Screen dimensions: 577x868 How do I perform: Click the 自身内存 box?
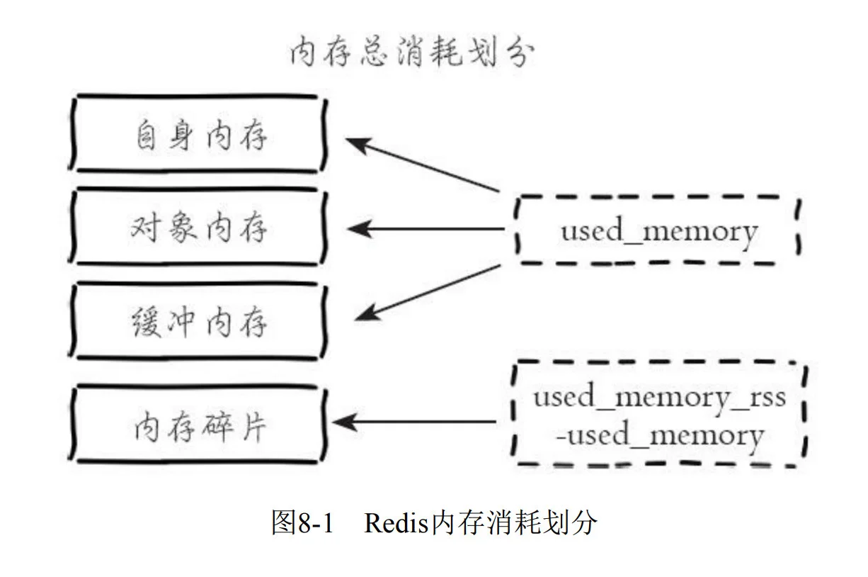[x=200, y=135]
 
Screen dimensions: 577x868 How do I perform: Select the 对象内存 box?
[x=200, y=228]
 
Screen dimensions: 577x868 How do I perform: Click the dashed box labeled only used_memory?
[x=658, y=231]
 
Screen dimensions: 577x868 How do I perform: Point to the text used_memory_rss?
[x=659, y=397]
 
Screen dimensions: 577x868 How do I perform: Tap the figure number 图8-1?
[x=302, y=524]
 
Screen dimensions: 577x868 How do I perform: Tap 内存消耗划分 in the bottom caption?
[x=515, y=524]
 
